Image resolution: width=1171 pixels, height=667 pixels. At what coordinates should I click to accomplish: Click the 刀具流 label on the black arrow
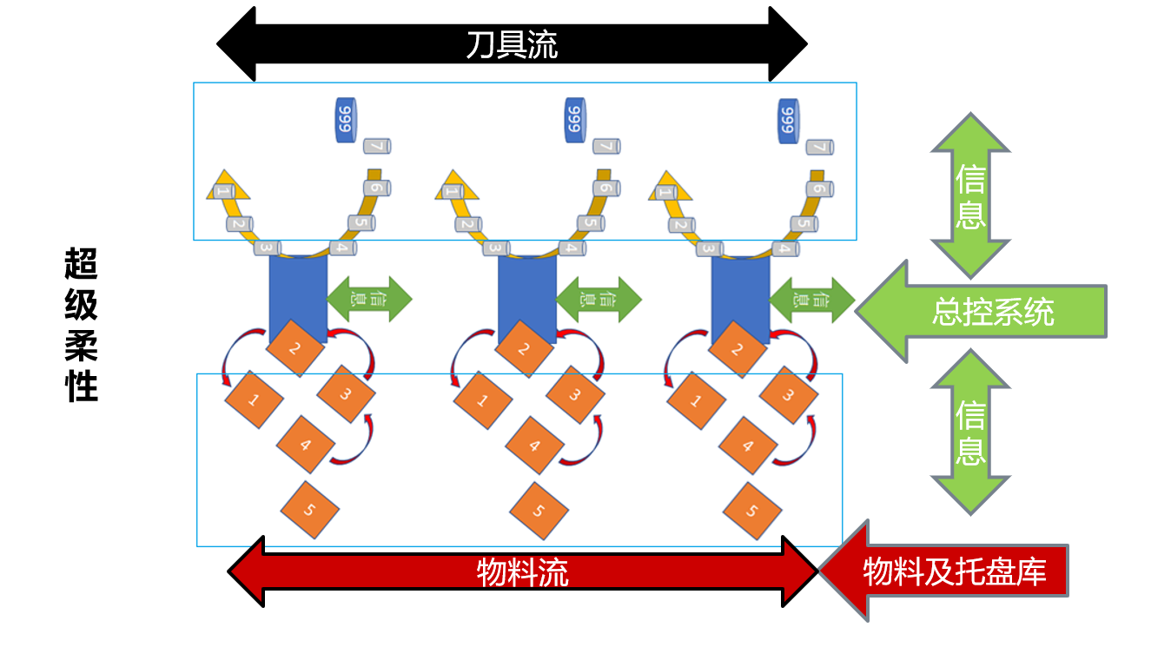512,44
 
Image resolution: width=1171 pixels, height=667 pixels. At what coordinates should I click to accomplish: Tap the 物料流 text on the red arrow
523,572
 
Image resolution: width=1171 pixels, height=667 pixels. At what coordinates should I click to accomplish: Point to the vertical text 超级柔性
82,326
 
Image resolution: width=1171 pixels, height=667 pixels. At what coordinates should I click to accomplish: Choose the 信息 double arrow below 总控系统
970,433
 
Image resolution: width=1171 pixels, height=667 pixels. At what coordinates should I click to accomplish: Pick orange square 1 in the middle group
482,401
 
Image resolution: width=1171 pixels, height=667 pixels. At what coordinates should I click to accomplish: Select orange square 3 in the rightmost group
789,395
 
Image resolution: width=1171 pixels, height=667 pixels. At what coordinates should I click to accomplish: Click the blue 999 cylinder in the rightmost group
787,120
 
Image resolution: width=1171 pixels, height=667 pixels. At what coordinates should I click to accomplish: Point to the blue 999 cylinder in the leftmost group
345,120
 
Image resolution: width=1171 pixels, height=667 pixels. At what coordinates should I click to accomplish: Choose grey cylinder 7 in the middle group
605,147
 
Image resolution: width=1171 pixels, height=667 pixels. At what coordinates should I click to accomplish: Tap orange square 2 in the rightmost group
738,350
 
